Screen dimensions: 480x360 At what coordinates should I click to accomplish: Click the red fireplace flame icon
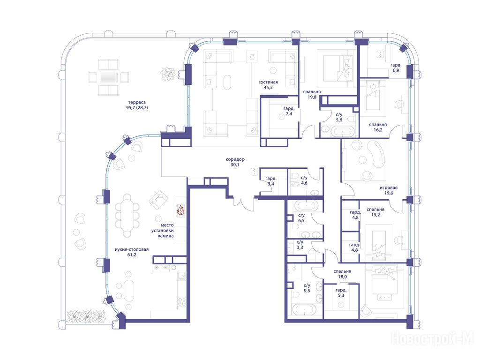tap(180, 210)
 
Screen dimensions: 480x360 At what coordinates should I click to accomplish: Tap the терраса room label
tap(137, 102)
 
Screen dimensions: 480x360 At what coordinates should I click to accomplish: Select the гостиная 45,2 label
tap(268, 85)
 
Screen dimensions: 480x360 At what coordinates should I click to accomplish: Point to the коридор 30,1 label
tap(235, 162)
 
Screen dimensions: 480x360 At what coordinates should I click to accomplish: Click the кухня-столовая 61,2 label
tap(132, 252)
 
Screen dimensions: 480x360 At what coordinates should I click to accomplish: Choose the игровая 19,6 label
tap(389, 190)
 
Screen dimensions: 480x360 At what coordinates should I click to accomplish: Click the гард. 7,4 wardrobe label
tap(289, 111)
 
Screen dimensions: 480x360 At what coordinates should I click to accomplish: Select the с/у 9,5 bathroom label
tap(307, 288)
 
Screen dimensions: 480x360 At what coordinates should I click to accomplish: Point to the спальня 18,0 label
tap(343, 274)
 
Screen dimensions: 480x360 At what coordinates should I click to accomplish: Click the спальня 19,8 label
tap(312, 94)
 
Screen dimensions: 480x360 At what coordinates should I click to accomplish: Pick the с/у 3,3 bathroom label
tap(300, 245)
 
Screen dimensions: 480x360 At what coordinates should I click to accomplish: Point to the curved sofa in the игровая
tap(377, 154)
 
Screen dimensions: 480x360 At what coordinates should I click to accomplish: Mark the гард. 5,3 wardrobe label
tap(341, 292)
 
